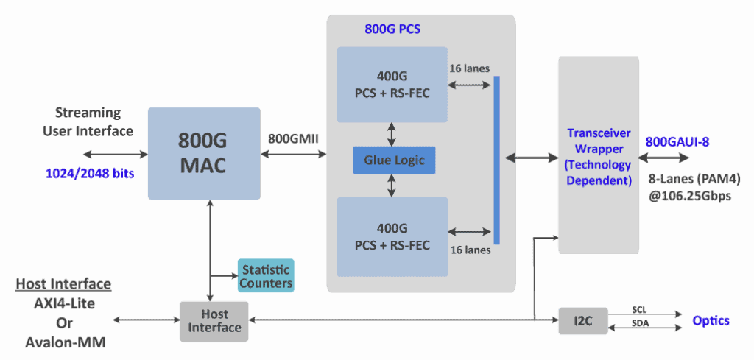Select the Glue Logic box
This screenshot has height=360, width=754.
[393, 160]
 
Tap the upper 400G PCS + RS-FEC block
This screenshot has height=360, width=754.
[392, 84]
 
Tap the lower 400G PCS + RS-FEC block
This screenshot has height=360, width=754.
[392, 236]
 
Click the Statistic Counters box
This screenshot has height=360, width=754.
[265, 275]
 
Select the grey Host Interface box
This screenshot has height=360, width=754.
[214, 320]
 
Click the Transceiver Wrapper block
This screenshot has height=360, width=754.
[598, 156]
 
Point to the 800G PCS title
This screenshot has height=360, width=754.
[392, 30]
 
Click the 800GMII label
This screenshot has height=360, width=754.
[293, 138]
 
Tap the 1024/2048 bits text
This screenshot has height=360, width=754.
[89, 174]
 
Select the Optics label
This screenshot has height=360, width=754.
[711, 320]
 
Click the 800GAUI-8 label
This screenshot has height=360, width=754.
[677, 141]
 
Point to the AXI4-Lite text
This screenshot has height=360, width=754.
[63, 303]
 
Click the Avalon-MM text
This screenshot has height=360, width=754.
[63, 342]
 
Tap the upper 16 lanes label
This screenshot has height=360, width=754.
[469, 68]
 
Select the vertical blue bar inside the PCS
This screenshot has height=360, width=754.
[496, 159]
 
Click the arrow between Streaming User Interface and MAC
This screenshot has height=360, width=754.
[114, 154]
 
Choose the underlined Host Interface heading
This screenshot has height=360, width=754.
[63, 284]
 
